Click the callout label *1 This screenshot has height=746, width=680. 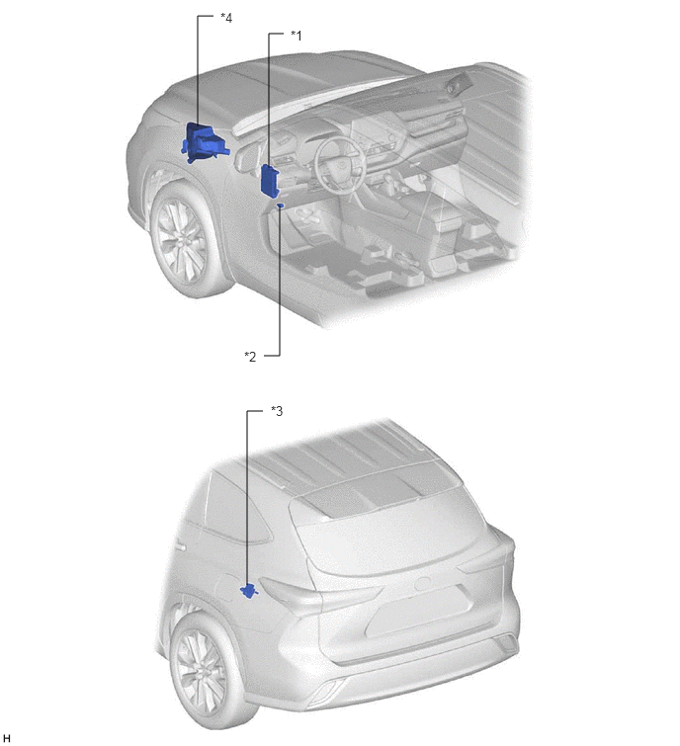click(x=296, y=36)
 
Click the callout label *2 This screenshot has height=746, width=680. click(x=250, y=357)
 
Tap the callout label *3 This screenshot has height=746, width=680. click(x=277, y=411)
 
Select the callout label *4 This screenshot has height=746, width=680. click(x=226, y=18)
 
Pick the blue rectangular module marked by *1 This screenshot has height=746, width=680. click(x=270, y=180)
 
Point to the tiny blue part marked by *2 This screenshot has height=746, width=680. click(x=281, y=206)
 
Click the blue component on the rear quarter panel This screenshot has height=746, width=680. click(x=249, y=591)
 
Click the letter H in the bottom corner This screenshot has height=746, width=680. click(x=6, y=737)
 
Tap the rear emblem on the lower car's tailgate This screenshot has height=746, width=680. click(x=423, y=584)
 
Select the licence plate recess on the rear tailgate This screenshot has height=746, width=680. click(x=419, y=612)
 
